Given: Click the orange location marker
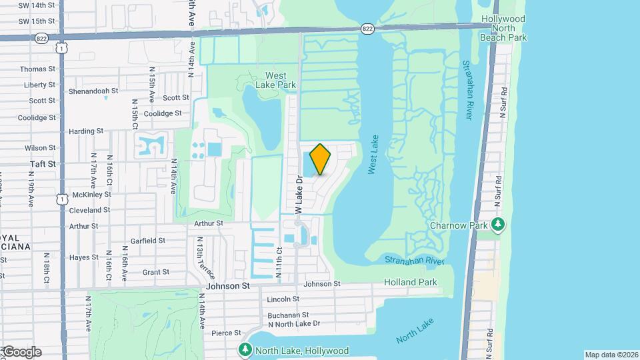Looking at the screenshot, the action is point(321,159).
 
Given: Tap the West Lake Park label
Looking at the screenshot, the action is point(276,80).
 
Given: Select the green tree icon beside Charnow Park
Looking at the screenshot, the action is point(497,225).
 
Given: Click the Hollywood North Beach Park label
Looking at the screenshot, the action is point(503,29).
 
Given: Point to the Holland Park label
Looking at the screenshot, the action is point(411,282).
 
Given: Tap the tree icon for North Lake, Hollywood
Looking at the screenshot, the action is point(245,350).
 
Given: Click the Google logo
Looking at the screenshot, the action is point(21,352).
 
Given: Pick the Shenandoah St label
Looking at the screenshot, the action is point(95,90).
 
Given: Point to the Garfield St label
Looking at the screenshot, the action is point(148,241).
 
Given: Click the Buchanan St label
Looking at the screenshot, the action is point(288,315).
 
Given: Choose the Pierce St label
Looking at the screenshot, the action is point(226,333).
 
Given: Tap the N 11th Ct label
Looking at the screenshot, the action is point(280,257).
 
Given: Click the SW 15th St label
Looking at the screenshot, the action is point(33,21).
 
